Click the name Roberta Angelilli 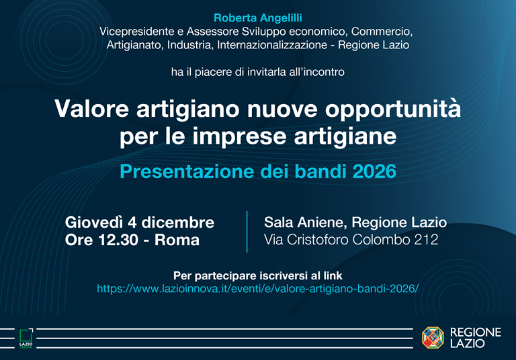pos(257,17)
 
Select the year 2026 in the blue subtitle pos(374,171)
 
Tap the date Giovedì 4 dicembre pos(140,222)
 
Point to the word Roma pos(177,240)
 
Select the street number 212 pos(425,240)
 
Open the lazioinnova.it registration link pos(257,288)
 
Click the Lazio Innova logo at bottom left pos(26,337)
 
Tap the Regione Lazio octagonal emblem pos(432,337)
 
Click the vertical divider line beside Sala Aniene pos(247,231)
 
